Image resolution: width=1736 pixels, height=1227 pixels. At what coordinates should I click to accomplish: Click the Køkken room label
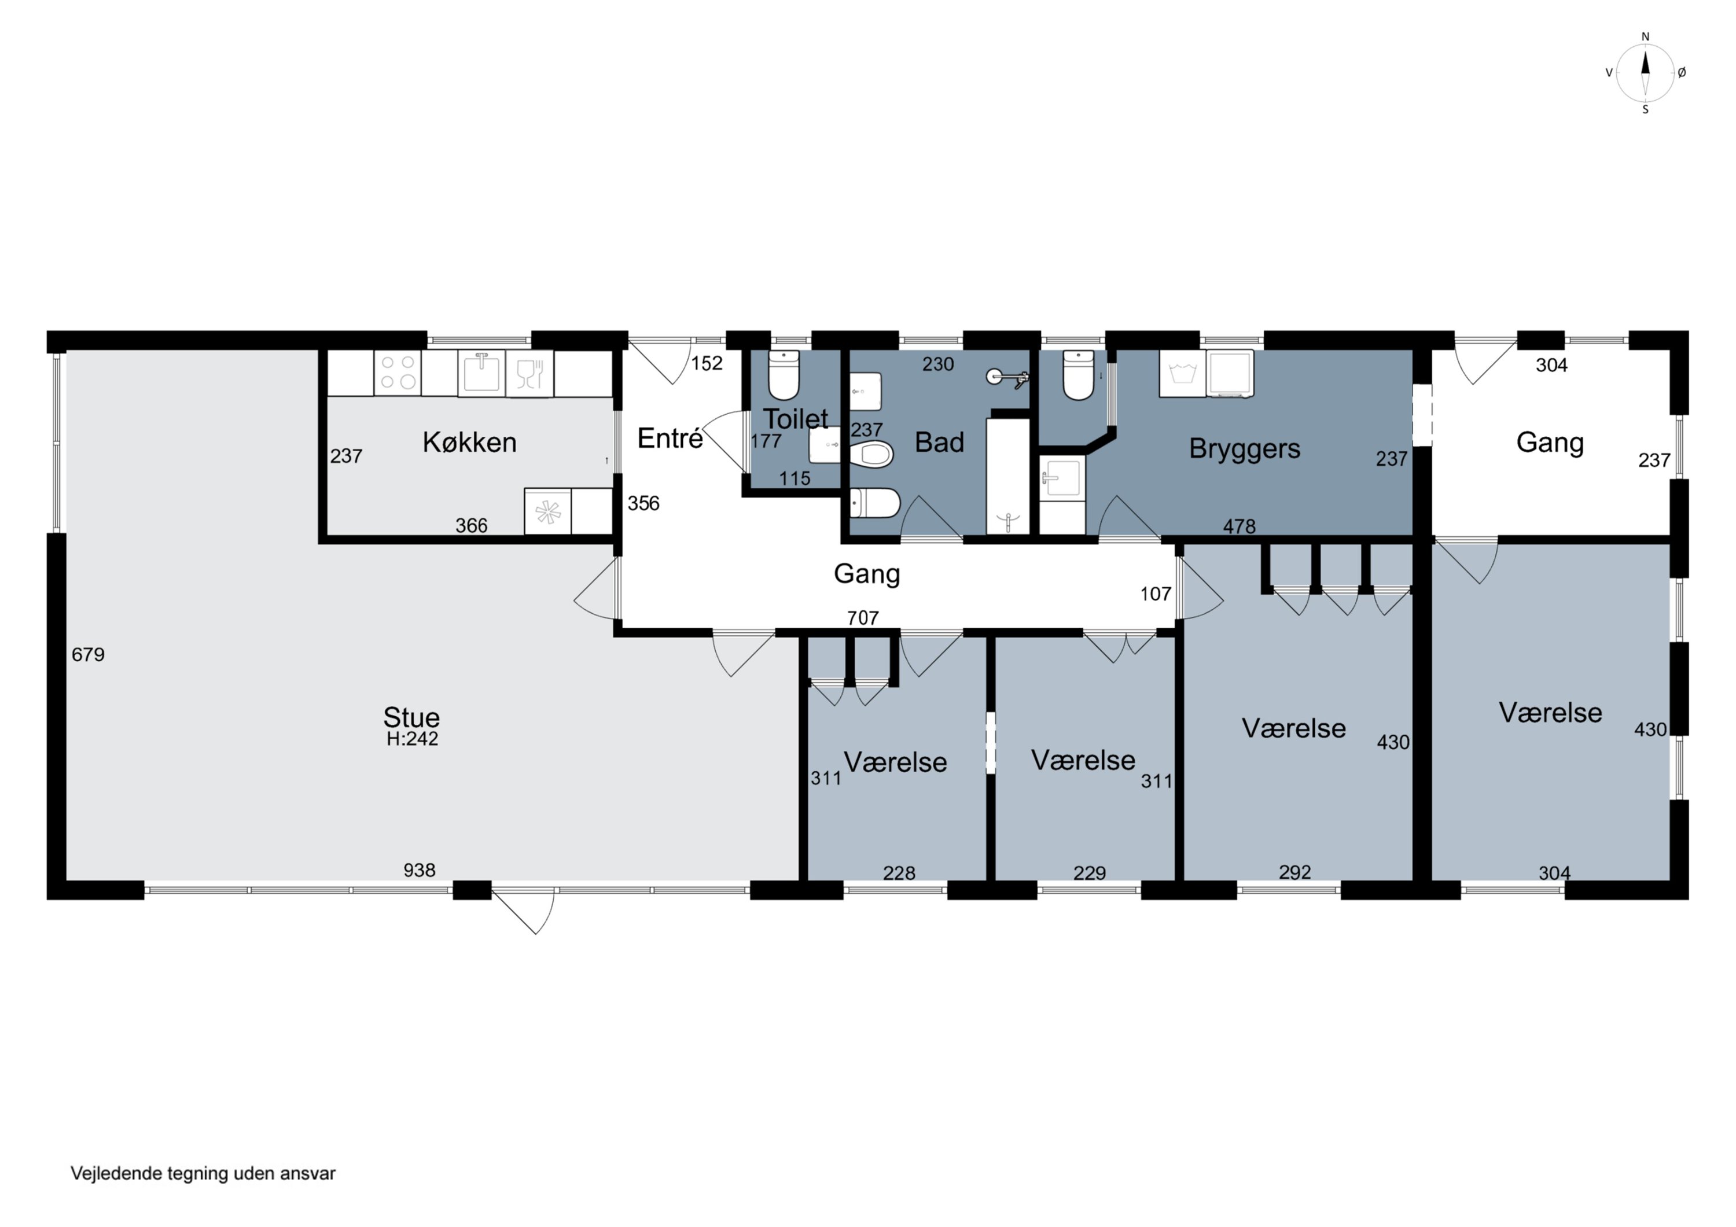469,443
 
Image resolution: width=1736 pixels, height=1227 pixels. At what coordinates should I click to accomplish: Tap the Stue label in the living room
411,717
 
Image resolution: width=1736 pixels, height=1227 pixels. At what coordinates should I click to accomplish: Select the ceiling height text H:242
412,739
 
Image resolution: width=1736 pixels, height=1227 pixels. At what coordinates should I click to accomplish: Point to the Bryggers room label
1245,449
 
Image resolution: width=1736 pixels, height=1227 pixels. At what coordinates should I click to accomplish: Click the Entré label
670,438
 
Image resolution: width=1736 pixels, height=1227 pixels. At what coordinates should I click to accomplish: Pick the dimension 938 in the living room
419,870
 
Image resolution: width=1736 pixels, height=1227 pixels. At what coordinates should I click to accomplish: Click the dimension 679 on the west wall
89,655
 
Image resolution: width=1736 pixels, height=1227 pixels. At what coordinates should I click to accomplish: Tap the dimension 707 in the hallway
863,618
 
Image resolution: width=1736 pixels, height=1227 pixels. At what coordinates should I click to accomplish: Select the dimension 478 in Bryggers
1240,526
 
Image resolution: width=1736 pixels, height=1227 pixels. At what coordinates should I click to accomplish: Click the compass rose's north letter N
1645,36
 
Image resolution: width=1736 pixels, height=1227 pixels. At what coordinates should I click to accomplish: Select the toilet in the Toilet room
784,374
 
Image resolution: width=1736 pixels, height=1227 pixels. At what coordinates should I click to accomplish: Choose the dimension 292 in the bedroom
1294,872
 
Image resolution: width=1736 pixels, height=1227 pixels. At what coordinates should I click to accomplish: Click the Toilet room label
796,418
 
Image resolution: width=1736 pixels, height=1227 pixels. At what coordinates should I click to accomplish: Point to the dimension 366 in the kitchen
471,525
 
